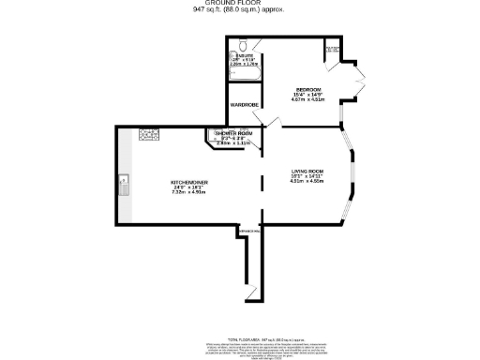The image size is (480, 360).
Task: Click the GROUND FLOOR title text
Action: click(x=239, y=4)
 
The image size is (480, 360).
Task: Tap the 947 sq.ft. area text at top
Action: click(x=239, y=10)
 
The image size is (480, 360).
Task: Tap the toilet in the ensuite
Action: click(x=243, y=45)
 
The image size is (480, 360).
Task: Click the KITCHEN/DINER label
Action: click(x=188, y=181)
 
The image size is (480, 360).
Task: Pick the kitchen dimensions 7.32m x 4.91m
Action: click(x=188, y=192)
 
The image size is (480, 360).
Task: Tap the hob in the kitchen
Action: click(x=147, y=135)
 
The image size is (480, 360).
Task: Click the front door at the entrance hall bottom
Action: click(x=249, y=294)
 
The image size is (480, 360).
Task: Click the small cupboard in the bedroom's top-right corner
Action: click(x=331, y=50)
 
